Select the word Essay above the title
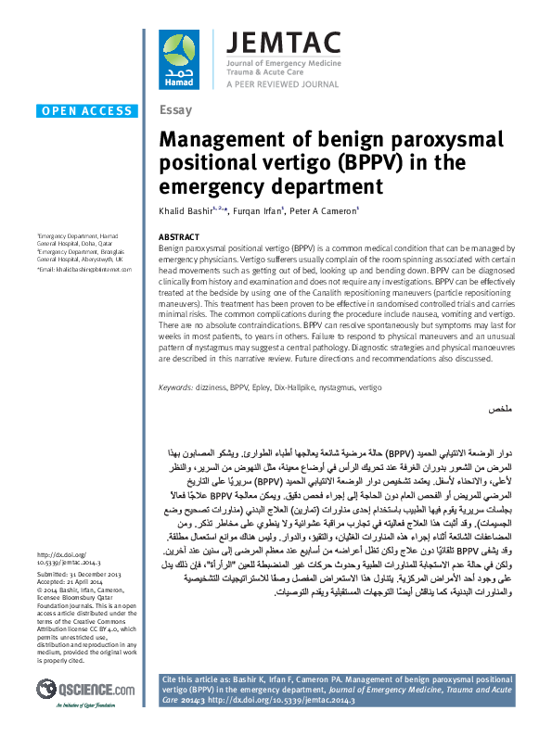(175, 110)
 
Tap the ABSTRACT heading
(180, 237)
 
